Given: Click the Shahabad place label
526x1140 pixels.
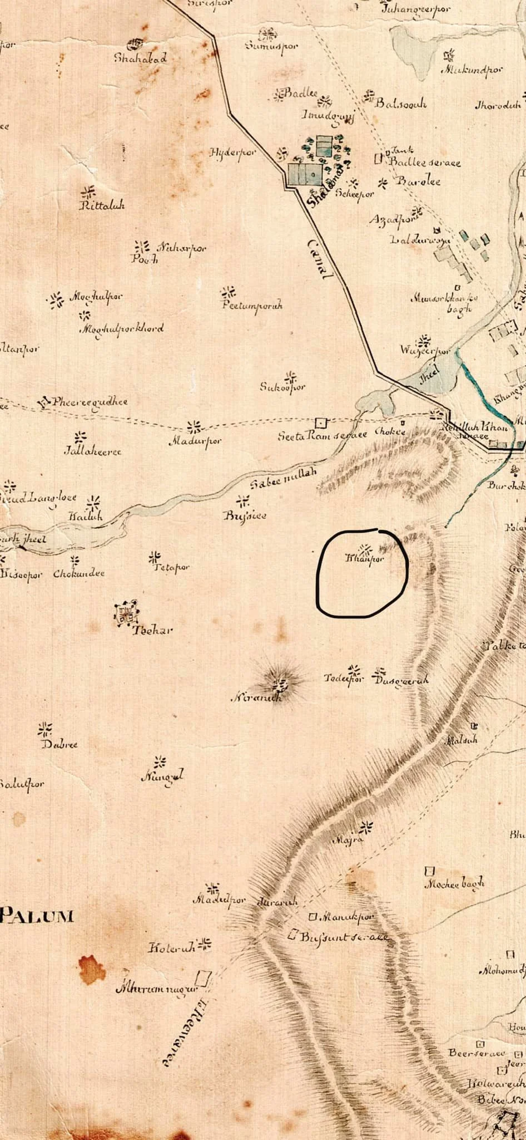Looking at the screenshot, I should [x=140, y=58].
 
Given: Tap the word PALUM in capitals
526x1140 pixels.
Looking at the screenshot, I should [x=37, y=915].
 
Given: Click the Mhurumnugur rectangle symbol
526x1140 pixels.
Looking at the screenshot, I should [x=205, y=977].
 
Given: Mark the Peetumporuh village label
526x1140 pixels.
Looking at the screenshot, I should [x=252, y=306].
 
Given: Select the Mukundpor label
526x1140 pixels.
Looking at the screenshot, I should [x=472, y=71].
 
